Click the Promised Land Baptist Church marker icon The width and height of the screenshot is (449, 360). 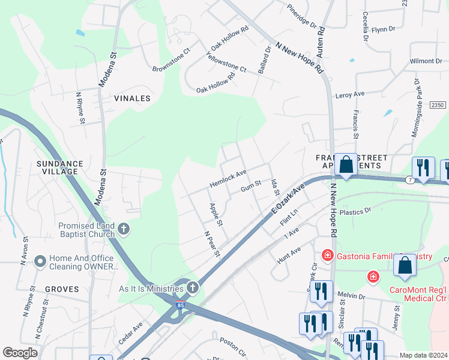(x=124, y=229)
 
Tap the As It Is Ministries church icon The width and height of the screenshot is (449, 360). (x=192, y=287)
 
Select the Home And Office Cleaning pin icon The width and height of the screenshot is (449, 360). (x=40, y=261)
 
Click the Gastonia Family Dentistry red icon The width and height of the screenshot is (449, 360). (x=328, y=256)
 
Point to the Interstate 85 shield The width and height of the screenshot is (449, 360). (x=180, y=305)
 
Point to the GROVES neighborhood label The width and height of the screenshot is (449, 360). (x=61, y=289)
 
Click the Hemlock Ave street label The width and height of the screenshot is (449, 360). (x=228, y=178)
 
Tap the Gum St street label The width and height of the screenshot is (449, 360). (x=252, y=188)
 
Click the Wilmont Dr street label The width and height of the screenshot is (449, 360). (x=426, y=61)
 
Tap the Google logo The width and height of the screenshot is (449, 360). (x=20, y=353)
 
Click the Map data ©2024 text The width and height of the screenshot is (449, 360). (x=423, y=355)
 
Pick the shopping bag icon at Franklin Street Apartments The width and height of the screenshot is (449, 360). (x=346, y=165)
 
